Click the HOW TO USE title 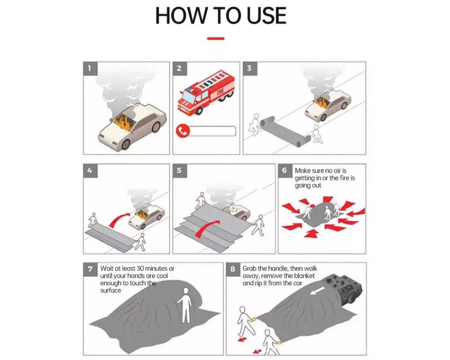click(x=220, y=16)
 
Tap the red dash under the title click(x=216, y=39)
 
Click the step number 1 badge click(x=90, y=68)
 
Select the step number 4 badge click(x=90, y=171)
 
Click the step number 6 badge click(x=284, y=171)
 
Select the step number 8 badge click(x=233, y=269)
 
